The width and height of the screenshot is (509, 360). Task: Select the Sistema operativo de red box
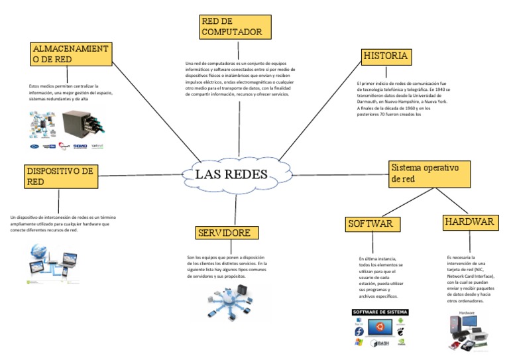coord(429,173)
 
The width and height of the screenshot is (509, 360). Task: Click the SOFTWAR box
coord(373,223)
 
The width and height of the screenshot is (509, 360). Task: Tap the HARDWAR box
coord(469,221)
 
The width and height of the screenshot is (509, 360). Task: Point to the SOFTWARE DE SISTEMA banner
coord(380,312)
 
